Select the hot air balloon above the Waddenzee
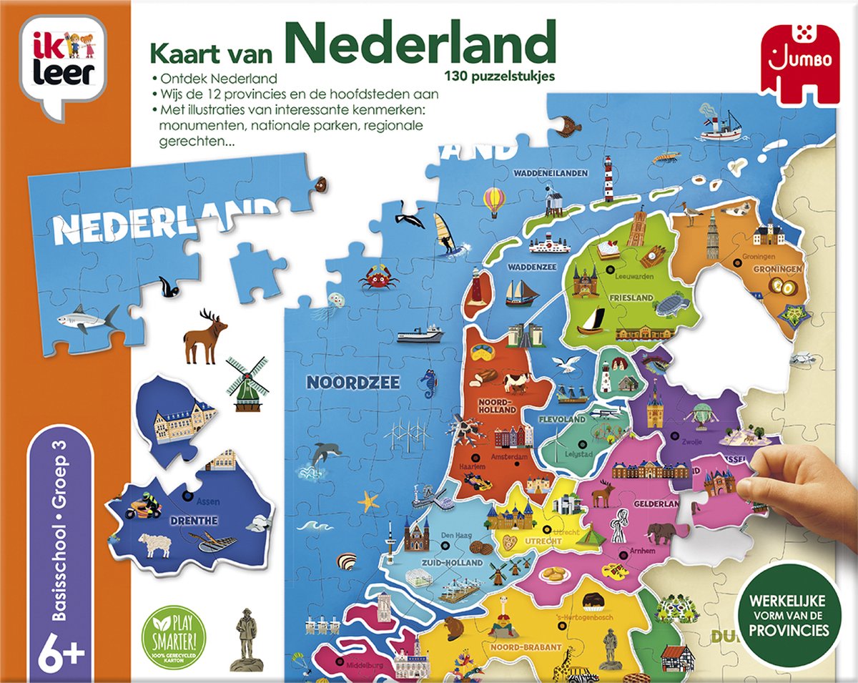[494, 202]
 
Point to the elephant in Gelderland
[661, 533]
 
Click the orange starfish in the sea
[369, 500]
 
